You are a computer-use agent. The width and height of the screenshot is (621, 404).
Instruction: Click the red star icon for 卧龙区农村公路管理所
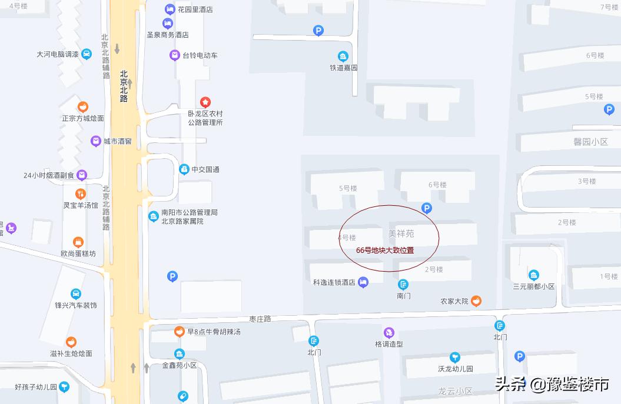(x=205, y=102)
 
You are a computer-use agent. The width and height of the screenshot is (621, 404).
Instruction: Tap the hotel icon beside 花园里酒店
(x=170, y=9)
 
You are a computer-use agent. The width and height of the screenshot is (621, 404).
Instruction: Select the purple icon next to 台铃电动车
(x=174, y=55)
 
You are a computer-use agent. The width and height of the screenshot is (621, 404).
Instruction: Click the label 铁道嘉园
(x=343, y=68)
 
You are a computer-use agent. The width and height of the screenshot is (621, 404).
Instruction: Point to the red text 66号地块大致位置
(x=385, y=250)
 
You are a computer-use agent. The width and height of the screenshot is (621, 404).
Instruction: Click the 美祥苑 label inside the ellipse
(x=401, y=233)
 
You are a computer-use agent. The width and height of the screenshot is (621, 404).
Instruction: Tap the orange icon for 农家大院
(x=476, y=301)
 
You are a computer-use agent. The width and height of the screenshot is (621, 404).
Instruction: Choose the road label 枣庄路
(x=260, y=319)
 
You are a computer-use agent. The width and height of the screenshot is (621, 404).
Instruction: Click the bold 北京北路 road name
(x=124, y=86)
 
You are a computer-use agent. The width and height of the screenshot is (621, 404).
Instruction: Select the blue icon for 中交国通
(x=184, y=169)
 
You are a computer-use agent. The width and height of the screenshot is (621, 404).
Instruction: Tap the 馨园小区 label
(x=590, y=142)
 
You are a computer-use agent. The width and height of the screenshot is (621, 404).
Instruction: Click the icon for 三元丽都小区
(x=533, y=275)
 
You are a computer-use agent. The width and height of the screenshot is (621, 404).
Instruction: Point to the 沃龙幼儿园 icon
(x=454, y=357)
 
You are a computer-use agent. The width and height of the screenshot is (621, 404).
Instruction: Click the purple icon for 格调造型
(x=388, y=333)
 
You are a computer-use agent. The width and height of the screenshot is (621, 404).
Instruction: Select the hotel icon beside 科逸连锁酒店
(x=363, y=282)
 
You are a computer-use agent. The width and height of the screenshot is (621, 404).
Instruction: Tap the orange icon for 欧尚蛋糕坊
(x=78, y=242)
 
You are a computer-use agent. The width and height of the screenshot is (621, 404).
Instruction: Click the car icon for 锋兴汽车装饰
(x=75, y=294)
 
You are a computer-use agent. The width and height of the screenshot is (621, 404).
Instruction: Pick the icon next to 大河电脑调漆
(x=87, y=54)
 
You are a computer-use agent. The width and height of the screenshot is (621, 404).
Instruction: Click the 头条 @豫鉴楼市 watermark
(x=552, y=385)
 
